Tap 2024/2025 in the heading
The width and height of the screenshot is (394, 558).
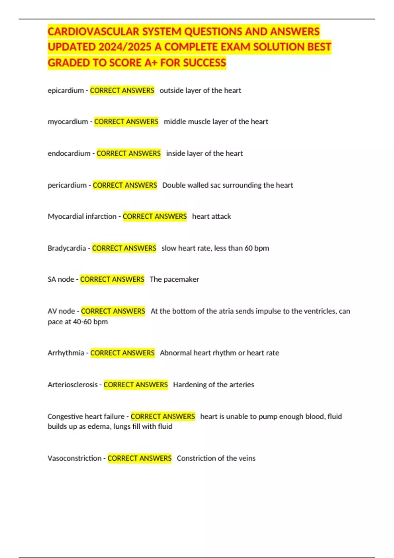click(124, 47)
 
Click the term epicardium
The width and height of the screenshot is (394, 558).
click(66, 90)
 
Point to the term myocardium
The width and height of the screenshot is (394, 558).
click(68, 121)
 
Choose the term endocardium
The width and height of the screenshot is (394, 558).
click(69, 153)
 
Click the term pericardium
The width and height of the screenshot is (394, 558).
click(67, 185)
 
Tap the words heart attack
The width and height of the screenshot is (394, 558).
click(211, 216)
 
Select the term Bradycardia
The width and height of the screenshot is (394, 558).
click(67, 248)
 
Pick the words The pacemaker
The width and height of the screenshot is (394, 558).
click(174, 279)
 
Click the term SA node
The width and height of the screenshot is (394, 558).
click(61, 279)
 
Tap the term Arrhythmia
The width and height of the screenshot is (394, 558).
click(66, 353)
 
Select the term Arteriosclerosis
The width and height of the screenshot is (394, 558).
click(73, 385)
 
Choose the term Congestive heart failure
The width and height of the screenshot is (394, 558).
click(86, 417)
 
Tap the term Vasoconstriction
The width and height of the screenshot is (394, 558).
click(75, 458)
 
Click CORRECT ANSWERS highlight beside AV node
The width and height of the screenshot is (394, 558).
click(113, 311)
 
